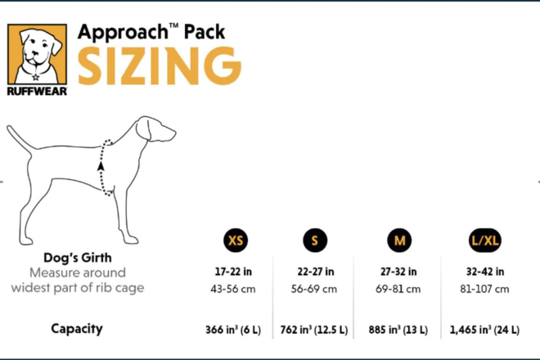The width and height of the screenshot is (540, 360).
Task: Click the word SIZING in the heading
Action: click(x=160, y=65)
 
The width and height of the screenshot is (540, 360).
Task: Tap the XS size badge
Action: click(x=236, y=241)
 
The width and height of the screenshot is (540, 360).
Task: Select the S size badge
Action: click(x=315, y=241)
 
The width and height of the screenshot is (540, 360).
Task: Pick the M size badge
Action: click(x=398, y=241)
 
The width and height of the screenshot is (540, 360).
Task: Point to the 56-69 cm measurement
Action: click(x=315, y=289)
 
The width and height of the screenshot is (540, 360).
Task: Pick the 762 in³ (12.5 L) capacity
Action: click(x=315, y=331)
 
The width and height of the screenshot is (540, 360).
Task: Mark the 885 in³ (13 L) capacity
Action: click(x=398, y=331)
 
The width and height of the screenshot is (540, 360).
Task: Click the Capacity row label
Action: click(x=77, y=329)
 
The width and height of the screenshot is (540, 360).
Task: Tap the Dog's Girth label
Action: click(x=77, y=257)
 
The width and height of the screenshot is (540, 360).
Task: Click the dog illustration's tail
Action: click(x=20, y=139)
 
